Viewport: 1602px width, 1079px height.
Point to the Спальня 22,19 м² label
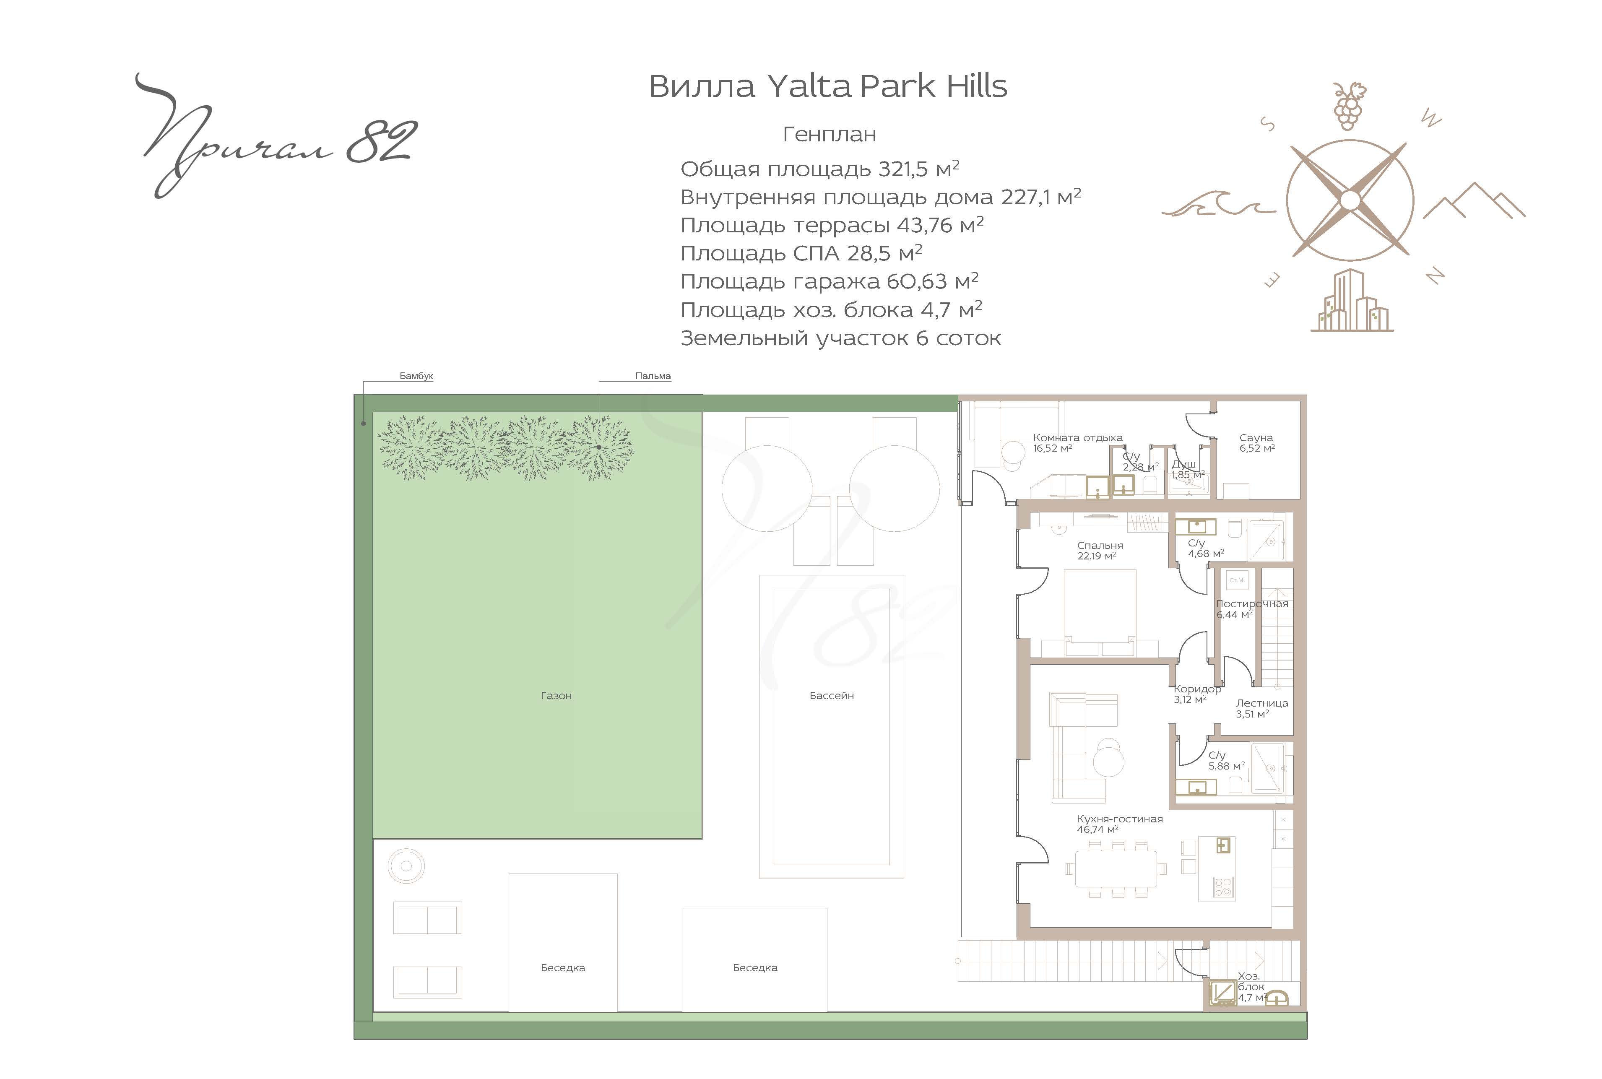(x=1100, y=551)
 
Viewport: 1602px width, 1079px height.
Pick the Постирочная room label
(x=1252, y=603)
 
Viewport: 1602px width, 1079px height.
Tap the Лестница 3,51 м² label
(x=1261, y=709)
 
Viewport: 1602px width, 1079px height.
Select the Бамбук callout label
(x=416, y=376)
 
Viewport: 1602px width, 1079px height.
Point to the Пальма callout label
(x=653, y=376)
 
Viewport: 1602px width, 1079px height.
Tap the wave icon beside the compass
(x=1218, y=203)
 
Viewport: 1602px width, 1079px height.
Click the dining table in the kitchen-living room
(x=1116, y=870)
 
